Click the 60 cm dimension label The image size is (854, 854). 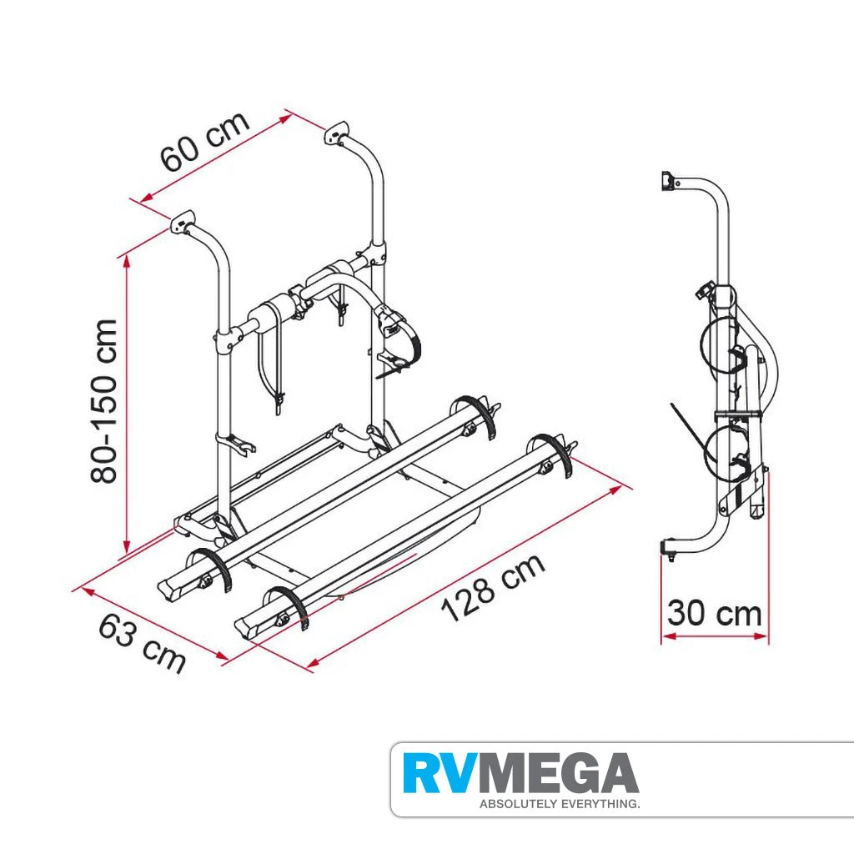tap(205, 141)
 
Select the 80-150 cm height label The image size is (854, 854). tap(107, 401)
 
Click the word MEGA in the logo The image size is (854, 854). tap(564, 774)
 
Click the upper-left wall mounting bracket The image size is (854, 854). tap(183, 223)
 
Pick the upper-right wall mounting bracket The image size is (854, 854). tap(338, 133)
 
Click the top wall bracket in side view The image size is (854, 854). tap(666, 181)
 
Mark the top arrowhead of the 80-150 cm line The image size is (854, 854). tap(126, 259)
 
